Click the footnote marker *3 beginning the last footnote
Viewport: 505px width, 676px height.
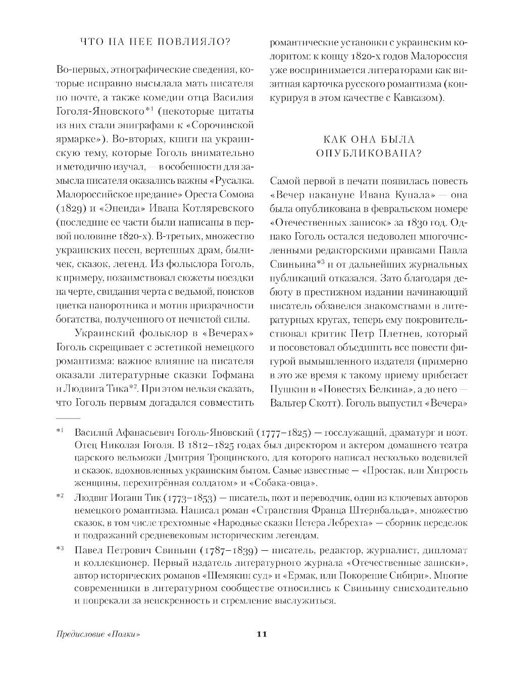(60, 548)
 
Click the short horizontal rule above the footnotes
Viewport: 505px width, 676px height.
(67, 418)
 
